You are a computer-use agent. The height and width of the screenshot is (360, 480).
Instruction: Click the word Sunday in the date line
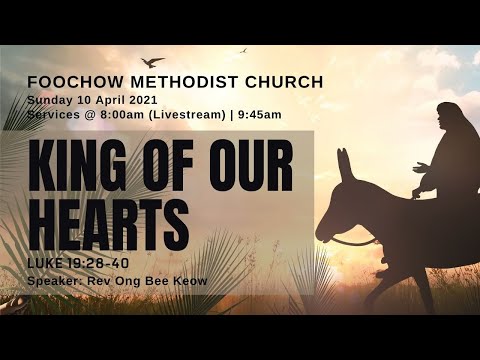(49, 100)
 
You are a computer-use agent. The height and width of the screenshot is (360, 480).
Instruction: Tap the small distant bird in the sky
(242, 50)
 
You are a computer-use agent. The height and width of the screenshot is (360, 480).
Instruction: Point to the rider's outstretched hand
(417, 167)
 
